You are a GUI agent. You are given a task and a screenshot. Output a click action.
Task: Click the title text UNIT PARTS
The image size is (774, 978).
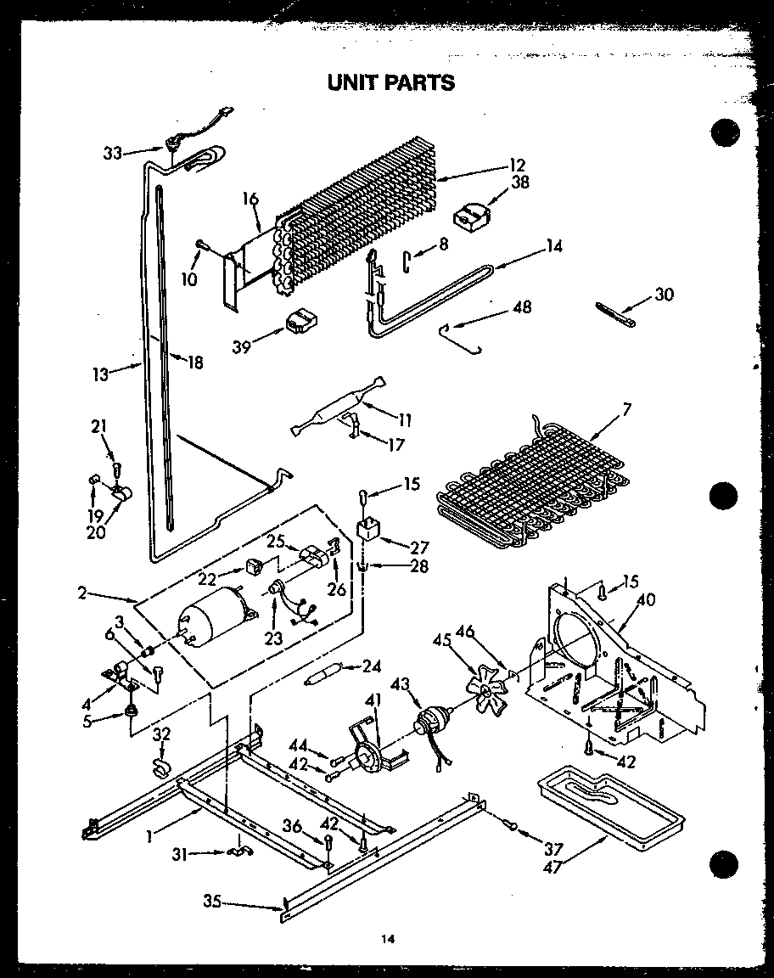(x=391, y=82)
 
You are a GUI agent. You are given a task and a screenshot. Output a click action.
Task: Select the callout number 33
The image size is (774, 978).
(x=113, y=154)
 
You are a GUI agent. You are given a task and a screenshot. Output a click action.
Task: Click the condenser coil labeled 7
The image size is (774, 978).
(x=530, y=484)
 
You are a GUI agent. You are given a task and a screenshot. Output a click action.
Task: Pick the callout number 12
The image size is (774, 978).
(x=518, y=165)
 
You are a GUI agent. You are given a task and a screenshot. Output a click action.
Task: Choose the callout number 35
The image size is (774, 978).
(x=213, y=902)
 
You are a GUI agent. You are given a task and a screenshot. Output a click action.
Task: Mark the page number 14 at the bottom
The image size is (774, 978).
(x=388, y=939)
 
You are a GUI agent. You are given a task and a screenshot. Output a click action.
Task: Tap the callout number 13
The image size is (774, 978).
(x=102, y=374)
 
